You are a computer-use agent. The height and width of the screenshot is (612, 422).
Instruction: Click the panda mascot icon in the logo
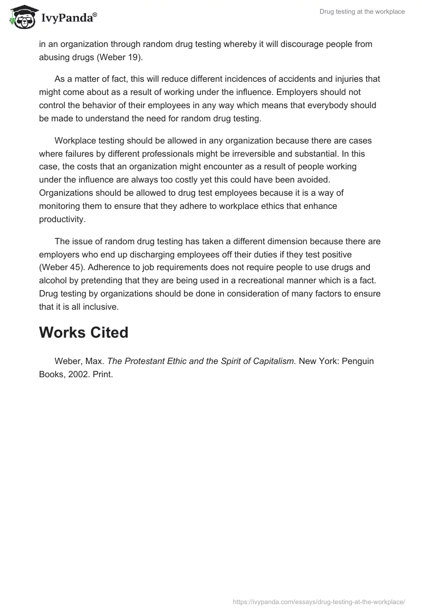click(21, 18)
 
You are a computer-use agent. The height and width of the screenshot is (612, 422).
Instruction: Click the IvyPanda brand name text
click(69, 19)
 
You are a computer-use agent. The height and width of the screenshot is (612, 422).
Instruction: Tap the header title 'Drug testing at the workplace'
click(362, 12)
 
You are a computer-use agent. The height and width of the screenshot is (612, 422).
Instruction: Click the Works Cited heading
click(83, 332)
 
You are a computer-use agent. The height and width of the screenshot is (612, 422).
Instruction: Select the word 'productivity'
click(61, 218)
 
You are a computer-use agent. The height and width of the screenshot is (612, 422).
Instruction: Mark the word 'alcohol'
click(53, 280)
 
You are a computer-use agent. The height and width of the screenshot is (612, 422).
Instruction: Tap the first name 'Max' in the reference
click(95, 361)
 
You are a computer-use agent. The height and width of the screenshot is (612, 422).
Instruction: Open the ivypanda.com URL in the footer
click(319, 601)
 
